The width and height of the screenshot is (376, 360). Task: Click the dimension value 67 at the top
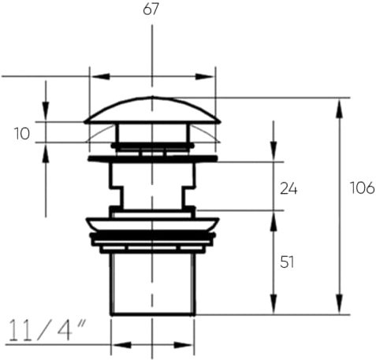(151, 9)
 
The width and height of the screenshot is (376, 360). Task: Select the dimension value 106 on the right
(363, 188)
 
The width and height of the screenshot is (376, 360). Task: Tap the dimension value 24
(289, 189)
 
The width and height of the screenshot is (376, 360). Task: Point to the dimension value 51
(287, 262)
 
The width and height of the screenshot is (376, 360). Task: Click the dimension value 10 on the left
(22, 134)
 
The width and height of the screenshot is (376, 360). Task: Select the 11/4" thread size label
(47, 330)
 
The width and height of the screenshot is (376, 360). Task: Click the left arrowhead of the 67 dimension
(100, 76)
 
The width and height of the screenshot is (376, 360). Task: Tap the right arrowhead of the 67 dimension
(204, 76)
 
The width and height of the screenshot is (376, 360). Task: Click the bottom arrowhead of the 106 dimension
(340, 304)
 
